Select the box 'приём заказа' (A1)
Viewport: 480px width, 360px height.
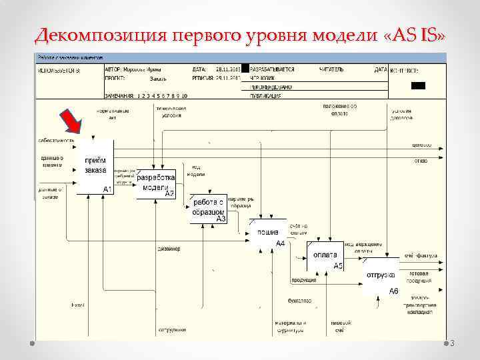[95, 167]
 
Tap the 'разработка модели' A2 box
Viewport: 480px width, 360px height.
[156, 184]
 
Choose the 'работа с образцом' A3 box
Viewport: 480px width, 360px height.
[209, 208]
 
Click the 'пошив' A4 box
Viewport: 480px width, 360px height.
[267, 235]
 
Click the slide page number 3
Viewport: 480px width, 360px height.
[451, 344]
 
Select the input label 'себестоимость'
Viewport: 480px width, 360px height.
[55, 140]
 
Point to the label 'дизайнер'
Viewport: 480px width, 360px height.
[168, 249]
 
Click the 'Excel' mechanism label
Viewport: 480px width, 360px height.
[78, 305]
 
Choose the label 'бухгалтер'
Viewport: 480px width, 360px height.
[299, 301]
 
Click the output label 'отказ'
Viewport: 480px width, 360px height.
[421, 160]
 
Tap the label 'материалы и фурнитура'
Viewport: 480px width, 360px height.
[290, 326]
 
